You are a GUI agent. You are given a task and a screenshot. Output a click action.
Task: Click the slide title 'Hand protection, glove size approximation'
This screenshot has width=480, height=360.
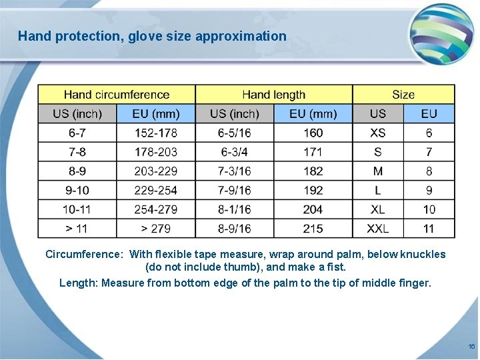pyautogui.click(x=152, y=36)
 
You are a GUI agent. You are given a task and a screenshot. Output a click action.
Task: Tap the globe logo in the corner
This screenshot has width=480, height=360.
pyautogui.click(x=441, y=33)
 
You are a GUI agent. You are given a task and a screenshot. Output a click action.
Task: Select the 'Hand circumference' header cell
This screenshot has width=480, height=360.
pyautogui.click(x=117, y=95)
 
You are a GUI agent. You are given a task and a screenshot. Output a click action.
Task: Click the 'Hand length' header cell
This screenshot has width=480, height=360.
pyautogui.click(x=273, y=95)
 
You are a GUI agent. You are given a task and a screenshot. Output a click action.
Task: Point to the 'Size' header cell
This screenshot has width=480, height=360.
pyautogui.click(x=403, y=95)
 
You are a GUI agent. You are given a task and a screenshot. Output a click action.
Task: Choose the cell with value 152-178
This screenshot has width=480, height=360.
pyautogui.click(x=156, y=133)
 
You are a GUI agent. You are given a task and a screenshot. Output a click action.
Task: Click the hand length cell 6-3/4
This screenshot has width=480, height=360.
pyautogui.click(x=234, y=152)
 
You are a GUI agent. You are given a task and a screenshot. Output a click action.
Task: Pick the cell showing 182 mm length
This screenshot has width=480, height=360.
pyautogui.click(x=313, y=171)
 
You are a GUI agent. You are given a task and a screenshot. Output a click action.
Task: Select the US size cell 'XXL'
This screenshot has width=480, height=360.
pyautogui.click(x=377, y=229)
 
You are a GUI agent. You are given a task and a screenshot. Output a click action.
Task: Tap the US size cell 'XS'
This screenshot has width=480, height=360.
pyautogui.click(x=377, y=133)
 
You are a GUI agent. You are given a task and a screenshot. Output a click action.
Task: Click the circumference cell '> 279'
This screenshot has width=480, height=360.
pyautogui.click(x=156, y=229)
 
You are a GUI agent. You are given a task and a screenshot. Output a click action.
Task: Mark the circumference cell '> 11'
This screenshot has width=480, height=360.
pyautogui.click(x=77, y=229)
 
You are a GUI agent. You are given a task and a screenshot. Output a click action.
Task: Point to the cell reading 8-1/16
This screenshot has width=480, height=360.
pyautogui.click(x=234, y=209)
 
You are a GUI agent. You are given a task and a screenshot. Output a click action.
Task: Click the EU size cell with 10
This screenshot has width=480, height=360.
pyautogui.click(x=429, y=209)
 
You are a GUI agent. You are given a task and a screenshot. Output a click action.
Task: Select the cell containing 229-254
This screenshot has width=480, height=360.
pyautogui.click(x=156, y=191)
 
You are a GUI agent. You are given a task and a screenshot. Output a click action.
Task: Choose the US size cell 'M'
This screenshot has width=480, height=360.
pyautogui.click(x=377, y=171)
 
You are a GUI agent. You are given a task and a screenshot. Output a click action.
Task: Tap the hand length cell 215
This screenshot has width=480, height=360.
pyautogui.click(x=313, y=229)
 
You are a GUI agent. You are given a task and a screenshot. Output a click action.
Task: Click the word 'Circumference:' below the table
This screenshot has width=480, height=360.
pyautogui.click(x=84, y=254)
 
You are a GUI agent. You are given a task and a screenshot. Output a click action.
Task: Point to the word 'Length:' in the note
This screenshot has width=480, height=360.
pyautogui.click(x=79, y=283)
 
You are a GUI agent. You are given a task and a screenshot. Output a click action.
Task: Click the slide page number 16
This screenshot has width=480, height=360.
pyautogui.click(x=471, y=347)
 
